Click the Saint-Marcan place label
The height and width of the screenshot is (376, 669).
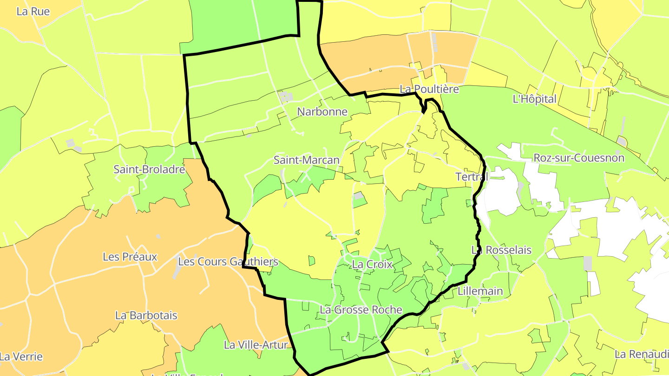point(306,160)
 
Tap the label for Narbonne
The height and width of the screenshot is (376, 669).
point(322,111)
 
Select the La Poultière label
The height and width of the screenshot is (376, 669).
point(429,89)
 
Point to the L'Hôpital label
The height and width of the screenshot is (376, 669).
point(534,99)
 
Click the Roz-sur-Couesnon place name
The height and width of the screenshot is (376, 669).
point(579,158)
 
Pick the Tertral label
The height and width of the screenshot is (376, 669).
point(472,177)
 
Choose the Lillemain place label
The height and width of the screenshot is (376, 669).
point(480,291)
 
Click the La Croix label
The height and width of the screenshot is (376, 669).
point(373,265)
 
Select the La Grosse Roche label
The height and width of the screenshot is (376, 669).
point(361,310)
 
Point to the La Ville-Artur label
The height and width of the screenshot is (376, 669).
point(256,345)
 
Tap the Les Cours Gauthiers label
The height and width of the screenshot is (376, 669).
point(228,262)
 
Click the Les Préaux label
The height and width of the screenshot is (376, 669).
point(130,257)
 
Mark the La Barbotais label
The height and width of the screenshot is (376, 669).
point(146,315)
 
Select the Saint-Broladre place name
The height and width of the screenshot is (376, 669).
point(149,169)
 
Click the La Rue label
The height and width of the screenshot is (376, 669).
point(33,11)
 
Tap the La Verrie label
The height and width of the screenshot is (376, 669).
point(21,357)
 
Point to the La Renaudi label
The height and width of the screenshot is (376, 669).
point(642,354)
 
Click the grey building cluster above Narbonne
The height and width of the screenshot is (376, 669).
point(286,97)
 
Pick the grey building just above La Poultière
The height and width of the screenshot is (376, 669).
point(434,42)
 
